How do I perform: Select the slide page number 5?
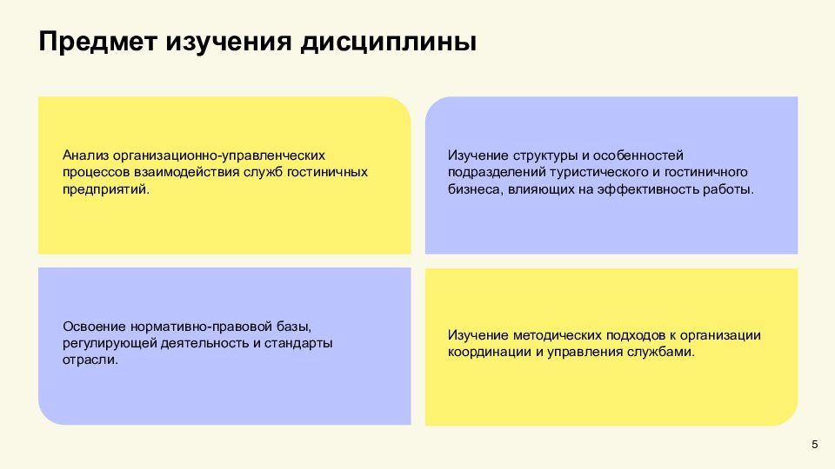pyautogui.click(x=814, y=445)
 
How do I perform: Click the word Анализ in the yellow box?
pyautogui.click(x=83, y=155)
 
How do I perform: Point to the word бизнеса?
pyautogui.click(x=472, y=188)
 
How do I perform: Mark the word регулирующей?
pyautogui.click(x=108, y=343)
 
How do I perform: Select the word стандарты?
pyautogui.click(x=298, y=343)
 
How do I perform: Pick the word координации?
pyautogui.click(x=488, y=352)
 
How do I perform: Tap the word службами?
pyautogui.click(x=666, y=352)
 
